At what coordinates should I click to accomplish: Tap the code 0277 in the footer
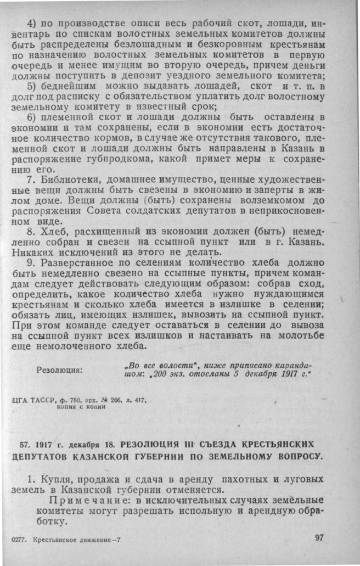[20, 540]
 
